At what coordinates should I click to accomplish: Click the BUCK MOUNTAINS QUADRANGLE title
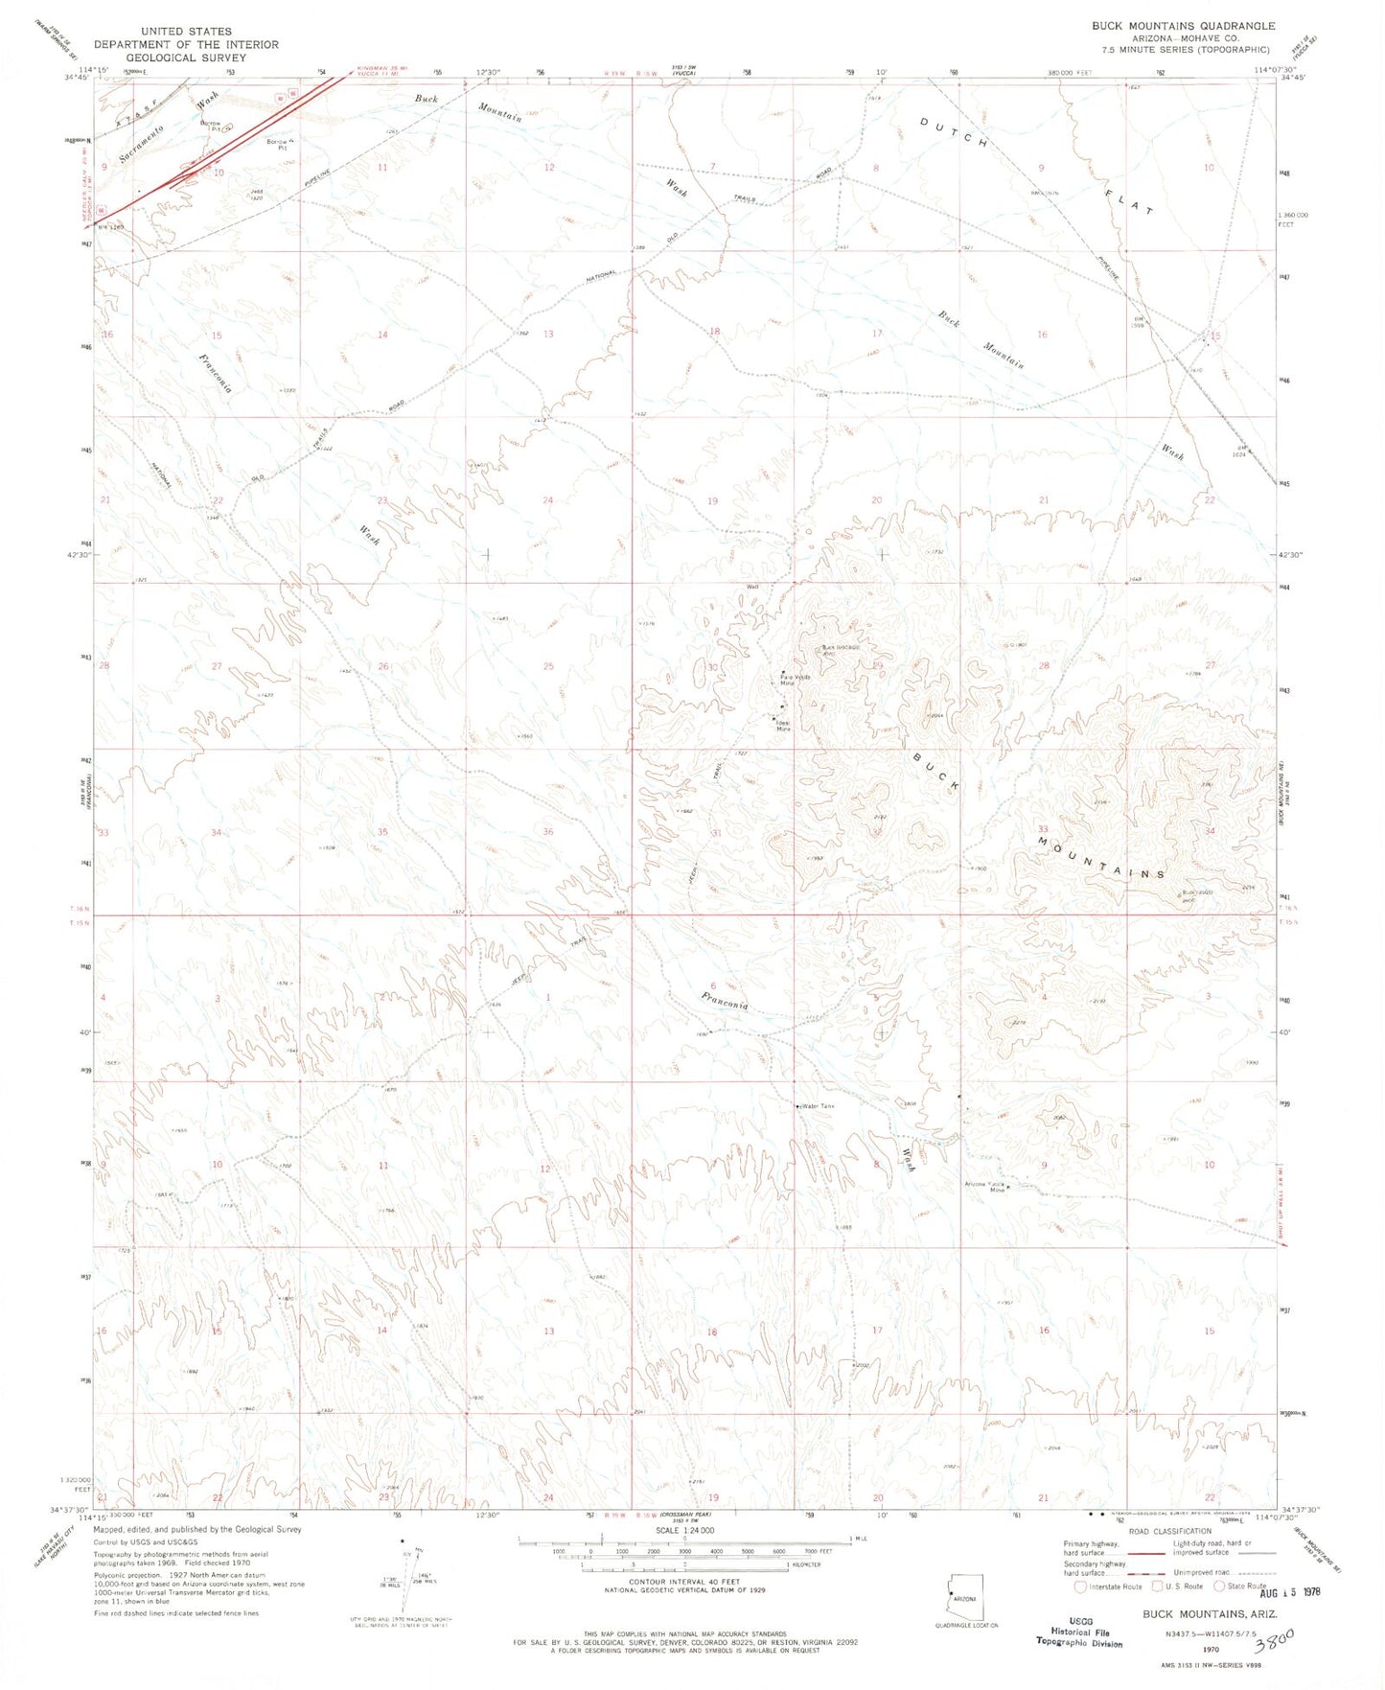coord(1183,26)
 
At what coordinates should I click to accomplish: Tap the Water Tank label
coord(818,1106)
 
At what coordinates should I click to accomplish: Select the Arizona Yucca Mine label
coord(984,1187)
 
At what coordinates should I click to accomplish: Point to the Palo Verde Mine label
coord(794,681)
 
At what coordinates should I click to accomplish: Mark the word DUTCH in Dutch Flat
coord(955,133)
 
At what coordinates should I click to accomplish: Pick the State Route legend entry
coord(1239,1586)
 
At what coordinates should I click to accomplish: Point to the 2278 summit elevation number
coord(1018,1023)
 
